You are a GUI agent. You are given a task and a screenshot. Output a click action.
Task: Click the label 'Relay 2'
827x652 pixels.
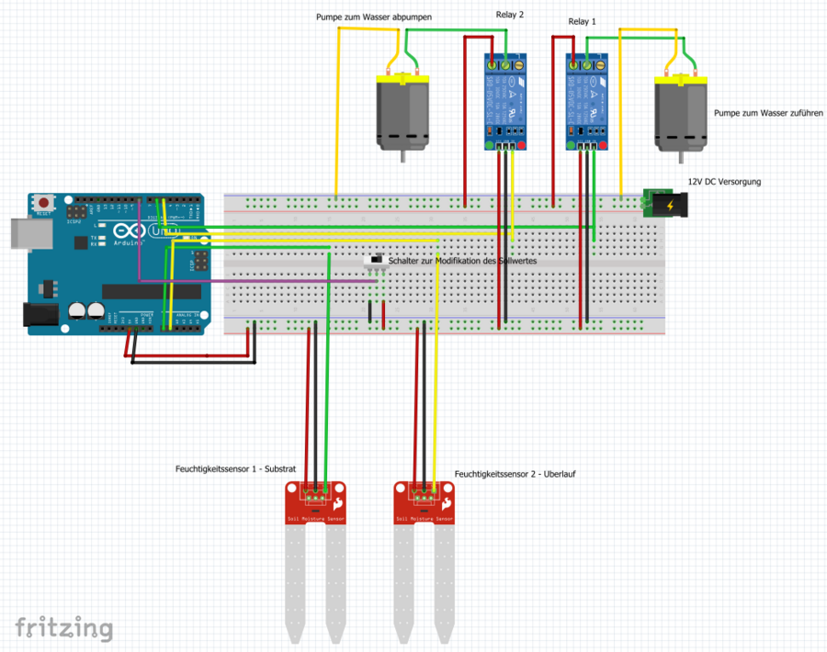point(509,15)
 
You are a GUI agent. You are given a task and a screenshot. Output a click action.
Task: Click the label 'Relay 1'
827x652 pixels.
point(582,21)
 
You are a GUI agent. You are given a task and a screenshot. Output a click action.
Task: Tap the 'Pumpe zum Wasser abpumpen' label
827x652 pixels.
point(374,17)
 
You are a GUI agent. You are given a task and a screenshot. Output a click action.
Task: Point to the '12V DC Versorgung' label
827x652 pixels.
point(724,182)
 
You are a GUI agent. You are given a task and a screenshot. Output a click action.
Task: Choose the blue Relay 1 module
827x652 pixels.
point(586,101)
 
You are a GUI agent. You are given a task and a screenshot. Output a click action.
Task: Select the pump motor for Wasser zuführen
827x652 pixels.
point(681,113)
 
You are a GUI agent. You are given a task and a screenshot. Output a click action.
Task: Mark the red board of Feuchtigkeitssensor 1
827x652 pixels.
point(315,502)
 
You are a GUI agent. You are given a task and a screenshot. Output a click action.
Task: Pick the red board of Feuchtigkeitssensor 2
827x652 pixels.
point(425,502)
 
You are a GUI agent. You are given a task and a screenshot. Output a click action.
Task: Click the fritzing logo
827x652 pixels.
point(63,629)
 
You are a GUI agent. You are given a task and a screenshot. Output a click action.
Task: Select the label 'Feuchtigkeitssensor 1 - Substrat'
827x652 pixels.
point(235,468)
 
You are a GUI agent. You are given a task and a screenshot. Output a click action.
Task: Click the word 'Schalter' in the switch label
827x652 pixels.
point(404,262)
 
